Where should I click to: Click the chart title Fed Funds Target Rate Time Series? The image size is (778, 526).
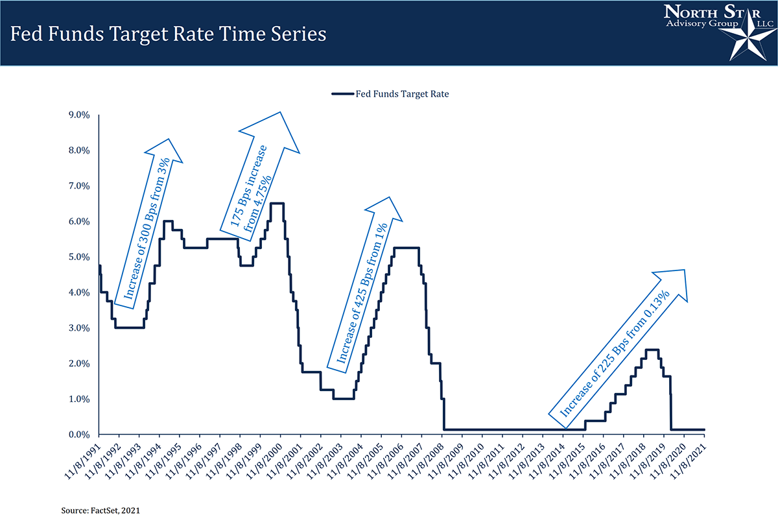(168, 34)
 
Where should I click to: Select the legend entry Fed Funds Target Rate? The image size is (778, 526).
(402, 93)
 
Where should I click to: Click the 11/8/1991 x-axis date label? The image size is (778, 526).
(84, 462)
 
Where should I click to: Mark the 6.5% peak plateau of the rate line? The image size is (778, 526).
(277, 204)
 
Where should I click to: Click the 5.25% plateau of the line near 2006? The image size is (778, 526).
(407, 248)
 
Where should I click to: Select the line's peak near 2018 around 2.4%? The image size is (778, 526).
(652, 350)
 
